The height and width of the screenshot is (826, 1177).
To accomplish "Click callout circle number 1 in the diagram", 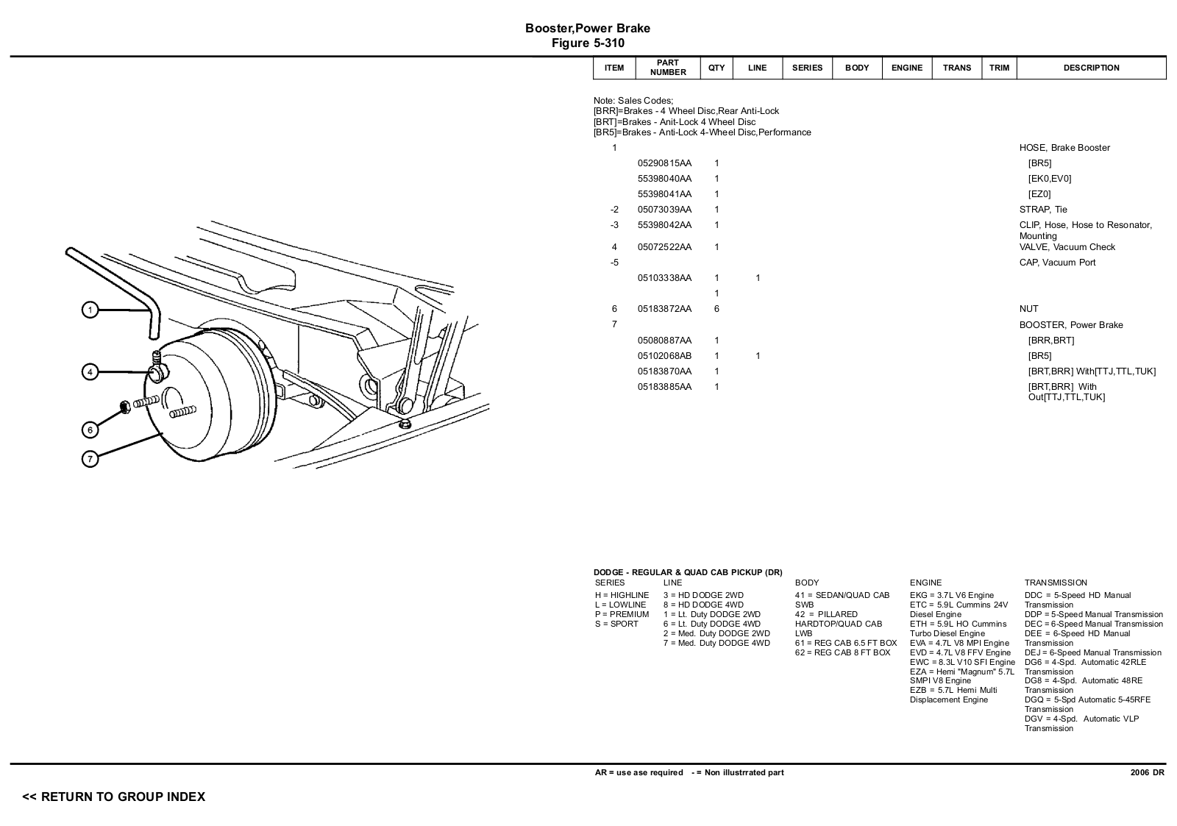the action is point(90,310).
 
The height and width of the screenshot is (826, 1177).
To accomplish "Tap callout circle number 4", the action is point(90,372).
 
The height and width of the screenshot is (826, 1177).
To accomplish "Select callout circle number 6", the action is point(90,430).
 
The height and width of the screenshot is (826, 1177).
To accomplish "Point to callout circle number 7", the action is point(90,459).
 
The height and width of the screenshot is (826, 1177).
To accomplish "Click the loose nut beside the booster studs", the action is point(125,407).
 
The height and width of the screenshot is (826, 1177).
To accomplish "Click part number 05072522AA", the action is point(664,247).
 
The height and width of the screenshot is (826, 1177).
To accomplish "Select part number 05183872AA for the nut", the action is point(664,309).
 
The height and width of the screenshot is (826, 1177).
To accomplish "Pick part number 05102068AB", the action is point(664,356).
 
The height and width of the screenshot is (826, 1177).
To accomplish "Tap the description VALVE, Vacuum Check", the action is point(1067,247).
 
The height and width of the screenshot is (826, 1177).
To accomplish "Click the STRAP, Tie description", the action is point(1043,210).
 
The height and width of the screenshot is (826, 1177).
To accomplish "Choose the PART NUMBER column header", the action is point(668,68).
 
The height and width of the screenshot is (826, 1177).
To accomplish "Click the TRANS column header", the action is point(957,68).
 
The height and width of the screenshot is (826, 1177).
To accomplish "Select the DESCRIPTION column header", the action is point(1092,68).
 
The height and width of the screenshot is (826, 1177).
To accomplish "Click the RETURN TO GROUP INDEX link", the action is point(113,797).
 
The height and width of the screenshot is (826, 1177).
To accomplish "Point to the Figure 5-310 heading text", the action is point(588,43).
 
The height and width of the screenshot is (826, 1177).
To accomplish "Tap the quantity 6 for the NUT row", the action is point(716,309).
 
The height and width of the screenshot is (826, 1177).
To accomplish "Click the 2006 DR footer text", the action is point(1148,772).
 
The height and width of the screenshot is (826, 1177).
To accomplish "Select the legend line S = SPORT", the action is point(616,624).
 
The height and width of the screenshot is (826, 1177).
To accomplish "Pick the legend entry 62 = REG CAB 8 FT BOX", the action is point(843,652).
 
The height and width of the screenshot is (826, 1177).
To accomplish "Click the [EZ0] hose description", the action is point(1039,194).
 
